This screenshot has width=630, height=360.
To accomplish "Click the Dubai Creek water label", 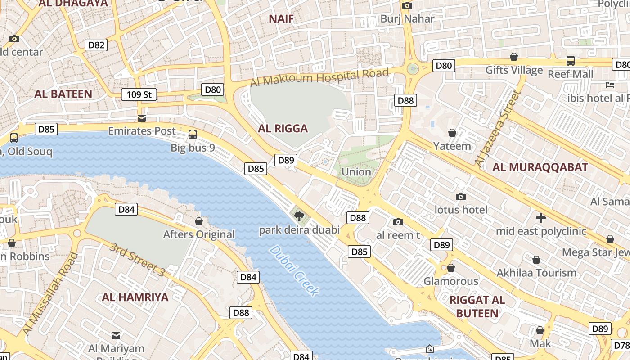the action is pos(295,271).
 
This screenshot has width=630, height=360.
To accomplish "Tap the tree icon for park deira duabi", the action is pos(299,217).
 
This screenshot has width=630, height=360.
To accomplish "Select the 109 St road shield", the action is pos(139,94).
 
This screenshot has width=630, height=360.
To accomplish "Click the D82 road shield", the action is pos(96,45).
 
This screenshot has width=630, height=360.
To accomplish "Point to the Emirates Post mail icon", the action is pos(142,118).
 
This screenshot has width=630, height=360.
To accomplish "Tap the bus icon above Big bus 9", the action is pos(193,134).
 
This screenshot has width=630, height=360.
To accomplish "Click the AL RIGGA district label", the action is pos(283,129).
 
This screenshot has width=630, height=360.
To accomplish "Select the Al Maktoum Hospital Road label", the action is pos(319,77).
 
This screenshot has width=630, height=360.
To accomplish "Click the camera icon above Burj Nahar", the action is pos(407,6).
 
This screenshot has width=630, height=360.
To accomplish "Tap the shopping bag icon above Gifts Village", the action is pos(513,57).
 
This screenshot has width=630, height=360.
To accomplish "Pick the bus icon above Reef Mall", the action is pos(570,60).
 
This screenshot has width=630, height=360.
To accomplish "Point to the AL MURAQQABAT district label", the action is pos(540,167).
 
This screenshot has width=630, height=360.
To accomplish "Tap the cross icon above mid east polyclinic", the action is pos(541,218).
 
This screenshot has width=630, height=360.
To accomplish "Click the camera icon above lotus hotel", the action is pos(460,197).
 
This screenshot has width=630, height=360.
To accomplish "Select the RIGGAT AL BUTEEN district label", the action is pos(477,306).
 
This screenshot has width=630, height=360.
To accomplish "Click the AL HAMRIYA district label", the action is pos(135,297).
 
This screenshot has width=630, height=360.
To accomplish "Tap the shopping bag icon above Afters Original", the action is pos(199,221).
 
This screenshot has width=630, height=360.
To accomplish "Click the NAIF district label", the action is pos(281,19).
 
